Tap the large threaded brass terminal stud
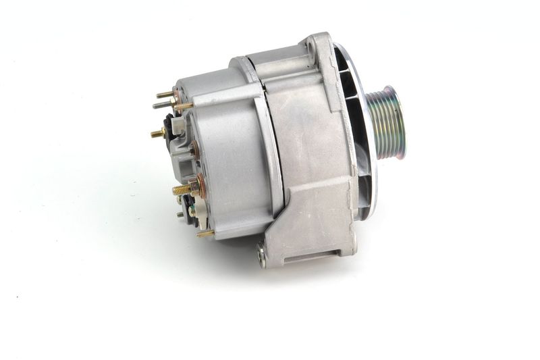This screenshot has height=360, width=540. coord(181,190)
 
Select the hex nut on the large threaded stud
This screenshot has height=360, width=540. coord(196,187)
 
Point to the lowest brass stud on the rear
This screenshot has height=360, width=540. coord(205,234)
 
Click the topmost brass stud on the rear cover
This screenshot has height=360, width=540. coord(165,95)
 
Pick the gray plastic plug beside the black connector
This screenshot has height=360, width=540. coord(180,126)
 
